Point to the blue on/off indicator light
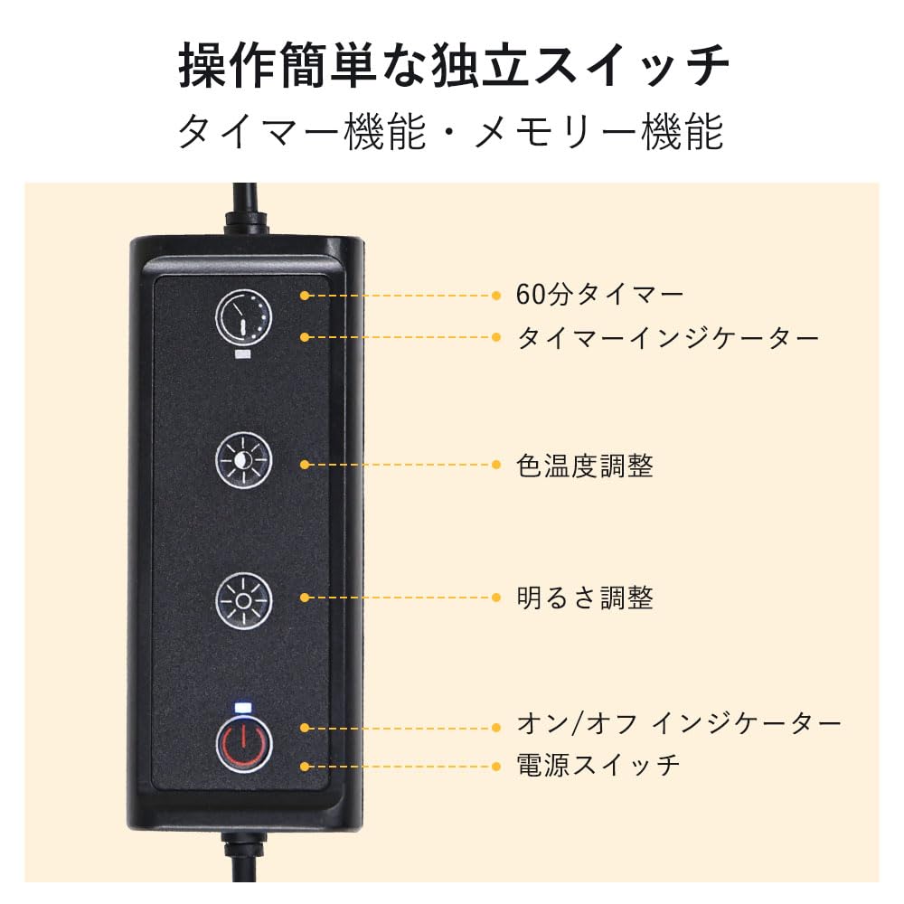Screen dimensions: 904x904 242,707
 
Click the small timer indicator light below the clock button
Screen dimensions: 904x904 242,355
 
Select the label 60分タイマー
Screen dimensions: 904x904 599,295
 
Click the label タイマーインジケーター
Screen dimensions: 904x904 668,337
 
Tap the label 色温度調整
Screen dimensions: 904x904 584,466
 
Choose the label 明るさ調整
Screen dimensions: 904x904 584,598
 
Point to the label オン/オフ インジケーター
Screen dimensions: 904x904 678,724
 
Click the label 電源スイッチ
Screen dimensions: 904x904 598,766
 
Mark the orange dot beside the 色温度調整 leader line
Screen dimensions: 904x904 306,465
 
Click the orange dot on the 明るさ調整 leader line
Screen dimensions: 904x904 306,598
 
